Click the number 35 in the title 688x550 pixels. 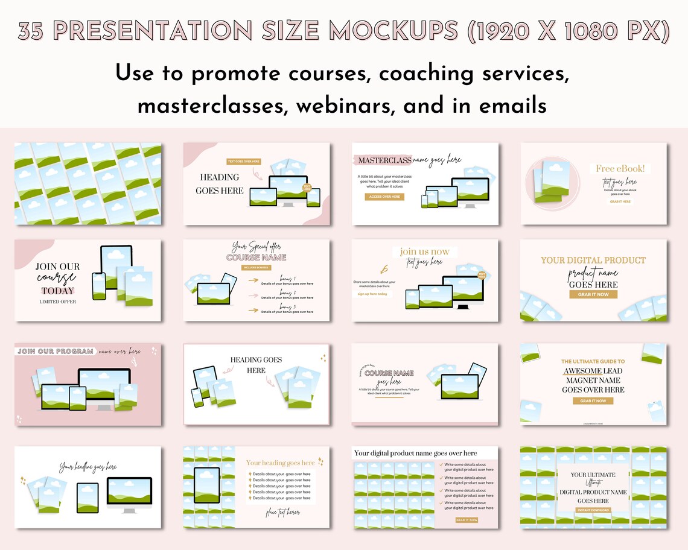(30, 31)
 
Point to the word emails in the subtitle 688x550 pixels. (513, 107)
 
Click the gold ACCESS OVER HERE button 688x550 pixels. (384, 197)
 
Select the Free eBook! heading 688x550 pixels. (620, 169)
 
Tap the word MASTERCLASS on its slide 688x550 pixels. (385, 160)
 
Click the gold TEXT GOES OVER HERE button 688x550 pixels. (244, 161)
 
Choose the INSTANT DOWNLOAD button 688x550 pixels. (593, 510)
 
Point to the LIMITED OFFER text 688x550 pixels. (57, 302)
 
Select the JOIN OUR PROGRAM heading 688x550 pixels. (56, 351)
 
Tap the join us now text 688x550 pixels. (424, 251)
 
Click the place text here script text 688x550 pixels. (282, 513)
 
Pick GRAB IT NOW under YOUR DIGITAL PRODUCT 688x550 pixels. (593, 294)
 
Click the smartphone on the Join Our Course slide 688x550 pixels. (98, 286)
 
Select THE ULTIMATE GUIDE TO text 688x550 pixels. (593, 362)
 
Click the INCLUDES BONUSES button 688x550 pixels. (255, 267)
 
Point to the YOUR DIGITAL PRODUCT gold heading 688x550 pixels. (593, 261)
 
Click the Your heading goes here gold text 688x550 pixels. (281, 463)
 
